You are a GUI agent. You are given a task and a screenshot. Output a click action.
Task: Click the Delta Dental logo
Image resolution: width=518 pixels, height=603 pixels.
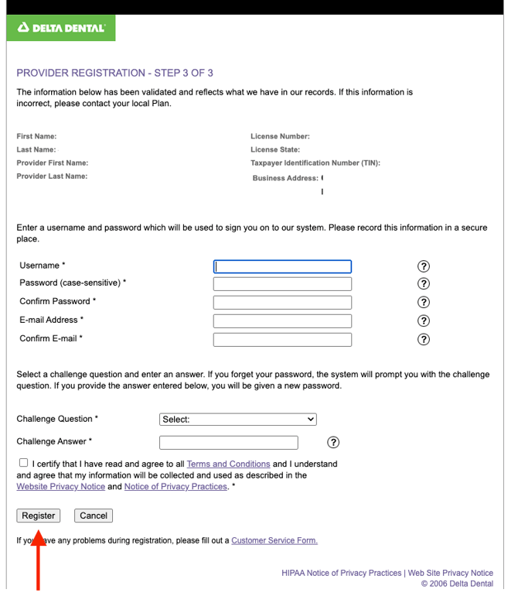[x=61, y=29]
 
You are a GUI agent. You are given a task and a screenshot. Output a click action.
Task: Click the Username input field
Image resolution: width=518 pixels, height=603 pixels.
[x=282, y=266]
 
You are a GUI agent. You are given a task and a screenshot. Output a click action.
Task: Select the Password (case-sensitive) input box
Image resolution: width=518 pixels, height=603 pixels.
[x=282, y=284]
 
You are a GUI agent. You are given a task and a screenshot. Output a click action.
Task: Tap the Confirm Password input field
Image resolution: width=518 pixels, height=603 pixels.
[x=282, y=303]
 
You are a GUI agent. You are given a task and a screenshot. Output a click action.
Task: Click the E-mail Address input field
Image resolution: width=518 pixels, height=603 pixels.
[x=282, y=320]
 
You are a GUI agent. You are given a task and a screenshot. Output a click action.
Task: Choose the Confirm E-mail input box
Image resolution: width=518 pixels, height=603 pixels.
[x=282, y=339]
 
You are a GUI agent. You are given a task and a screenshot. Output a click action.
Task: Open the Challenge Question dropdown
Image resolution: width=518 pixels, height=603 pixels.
[x=238, y=420]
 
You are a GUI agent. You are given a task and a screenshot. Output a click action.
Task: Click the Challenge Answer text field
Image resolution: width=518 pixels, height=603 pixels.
[x=228, y=443]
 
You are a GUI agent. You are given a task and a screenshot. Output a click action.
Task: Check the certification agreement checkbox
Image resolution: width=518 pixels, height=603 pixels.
[x=23, y=463]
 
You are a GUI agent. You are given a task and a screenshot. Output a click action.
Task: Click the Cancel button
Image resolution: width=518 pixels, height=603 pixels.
[x=94, y=516]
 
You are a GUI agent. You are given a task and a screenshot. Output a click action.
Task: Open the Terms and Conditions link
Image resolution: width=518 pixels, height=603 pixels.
[x=228, y=464]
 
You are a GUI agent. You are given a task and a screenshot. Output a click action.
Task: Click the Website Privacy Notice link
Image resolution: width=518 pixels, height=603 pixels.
[x=60, y=487]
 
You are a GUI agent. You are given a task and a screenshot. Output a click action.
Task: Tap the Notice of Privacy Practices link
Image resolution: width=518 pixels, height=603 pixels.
[x=176, y=487]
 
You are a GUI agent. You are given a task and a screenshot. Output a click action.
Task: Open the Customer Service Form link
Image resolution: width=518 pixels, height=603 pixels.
[x=274, y=540]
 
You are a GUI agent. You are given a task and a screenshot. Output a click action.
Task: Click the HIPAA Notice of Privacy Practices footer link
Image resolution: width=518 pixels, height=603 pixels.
[x=342, y=573]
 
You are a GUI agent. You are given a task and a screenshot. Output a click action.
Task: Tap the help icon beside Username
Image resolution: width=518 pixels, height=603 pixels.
[x=423, y=266]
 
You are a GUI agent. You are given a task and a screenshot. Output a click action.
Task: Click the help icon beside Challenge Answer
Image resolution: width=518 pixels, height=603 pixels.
[x=333, y=443]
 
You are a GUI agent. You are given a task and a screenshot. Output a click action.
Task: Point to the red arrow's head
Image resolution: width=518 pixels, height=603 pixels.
[x=38, y=533]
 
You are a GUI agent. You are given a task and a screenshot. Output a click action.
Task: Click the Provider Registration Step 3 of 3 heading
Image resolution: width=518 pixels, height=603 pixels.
[x=114, y=73]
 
